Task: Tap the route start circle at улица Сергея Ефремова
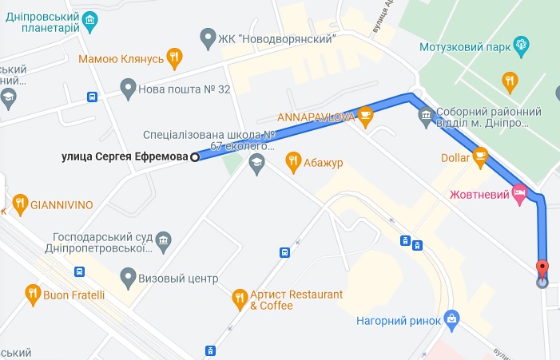tap(194, 157)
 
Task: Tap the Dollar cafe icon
tap(480, 157)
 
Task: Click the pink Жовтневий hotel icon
tap(520, 192)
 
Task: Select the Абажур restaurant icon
tap(292, 163)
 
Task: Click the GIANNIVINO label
tap(62, 204)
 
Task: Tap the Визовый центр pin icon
tap(128, 279)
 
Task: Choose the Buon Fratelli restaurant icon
tap(33, 295)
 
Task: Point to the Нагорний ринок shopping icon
tap(452, 321)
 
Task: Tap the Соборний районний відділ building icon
tap(426, 118)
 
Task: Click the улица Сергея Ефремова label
tap(125, 157)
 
